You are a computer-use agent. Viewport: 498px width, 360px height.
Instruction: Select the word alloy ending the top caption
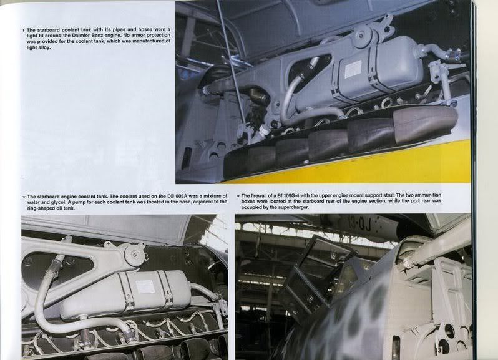(44, 47)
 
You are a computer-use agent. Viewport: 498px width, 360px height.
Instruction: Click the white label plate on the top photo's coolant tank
(353, 69)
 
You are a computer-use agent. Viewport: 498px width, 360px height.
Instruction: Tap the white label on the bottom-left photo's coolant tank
(145, 286)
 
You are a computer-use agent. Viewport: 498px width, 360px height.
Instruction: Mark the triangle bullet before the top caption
(24, 30)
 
